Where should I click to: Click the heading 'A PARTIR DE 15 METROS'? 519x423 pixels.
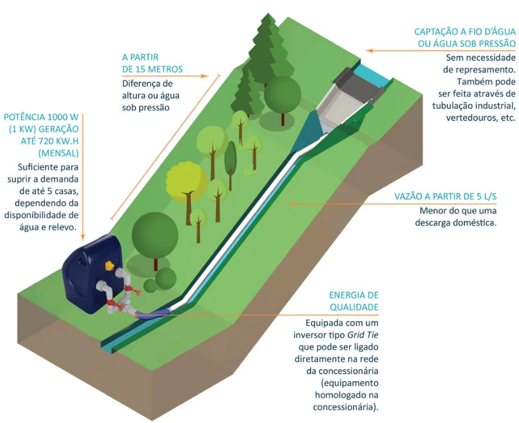pyautogui.click(x=152, y=62)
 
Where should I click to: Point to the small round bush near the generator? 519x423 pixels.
pyautogui.click(x=166, y=278)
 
